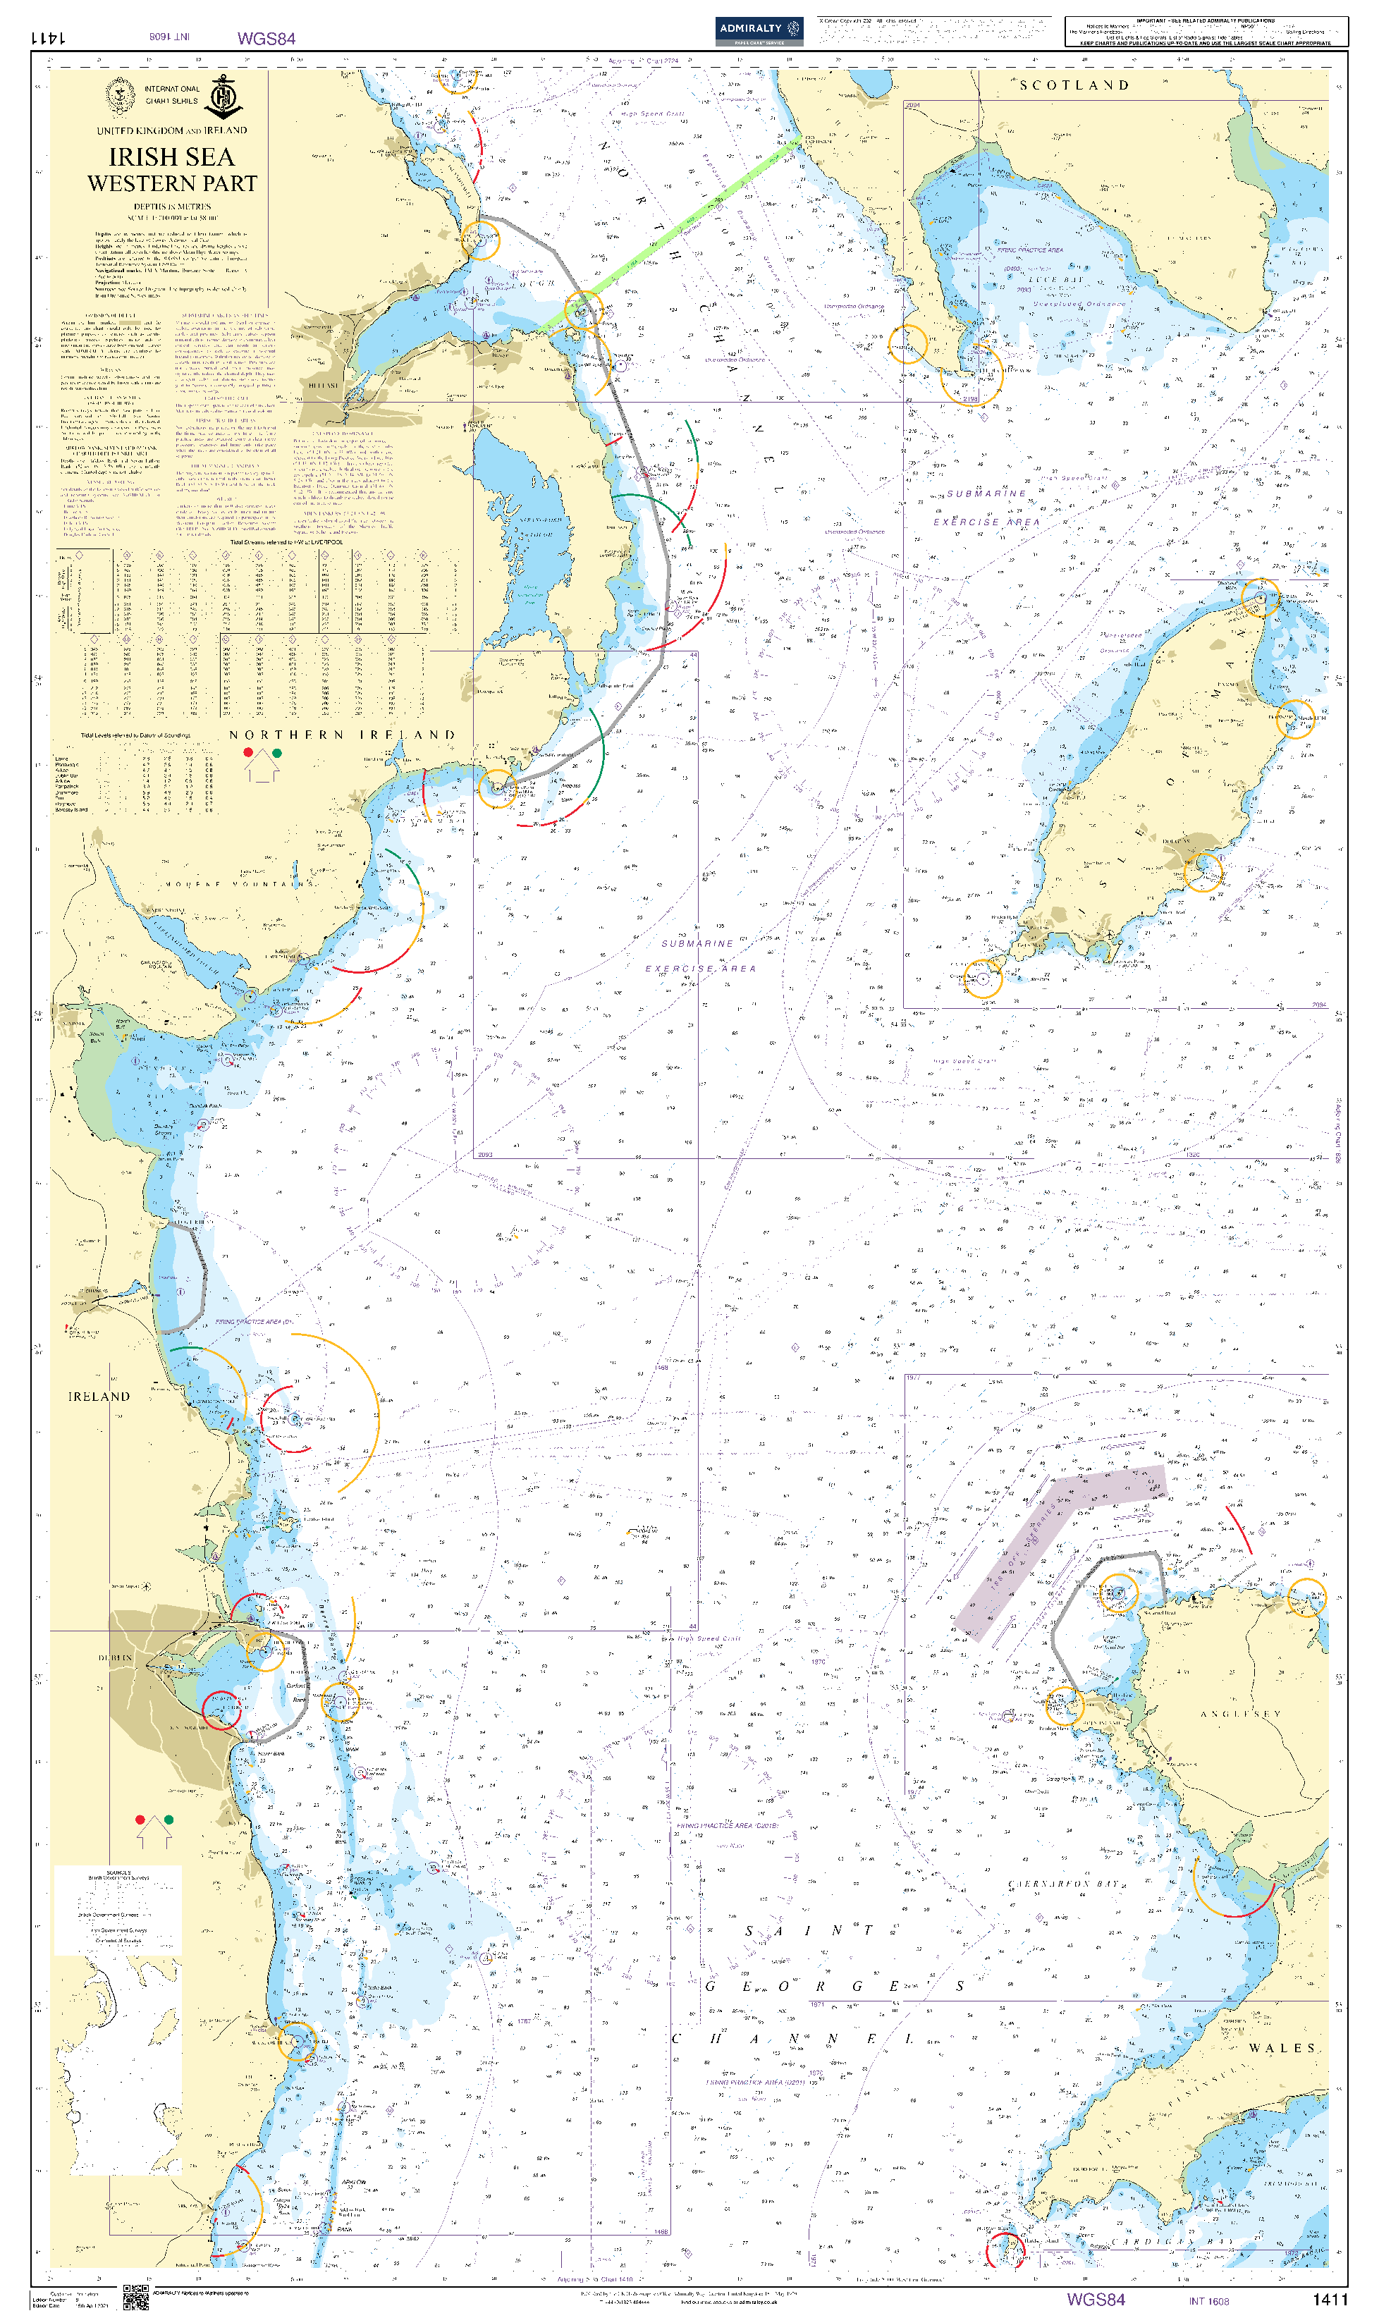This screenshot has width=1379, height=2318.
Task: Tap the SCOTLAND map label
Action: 1074,85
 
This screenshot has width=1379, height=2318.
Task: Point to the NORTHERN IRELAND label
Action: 342,735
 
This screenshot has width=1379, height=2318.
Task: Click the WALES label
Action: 1282,2049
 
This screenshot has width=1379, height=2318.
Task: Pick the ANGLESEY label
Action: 1241,1714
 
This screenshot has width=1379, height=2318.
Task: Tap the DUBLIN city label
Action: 115,1657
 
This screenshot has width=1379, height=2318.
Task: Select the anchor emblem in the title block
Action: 223,97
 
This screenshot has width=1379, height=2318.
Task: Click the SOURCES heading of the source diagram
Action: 118,1872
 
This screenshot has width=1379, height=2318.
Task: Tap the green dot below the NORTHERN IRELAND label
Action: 277,752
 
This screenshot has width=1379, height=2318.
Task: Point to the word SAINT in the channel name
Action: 809,1930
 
